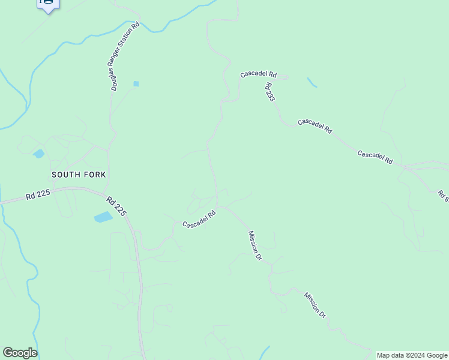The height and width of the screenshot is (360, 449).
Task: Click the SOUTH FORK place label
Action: pos(79,175)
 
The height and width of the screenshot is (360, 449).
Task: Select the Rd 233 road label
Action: pos(270,92)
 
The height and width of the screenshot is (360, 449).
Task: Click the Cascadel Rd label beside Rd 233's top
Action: pos(258,74)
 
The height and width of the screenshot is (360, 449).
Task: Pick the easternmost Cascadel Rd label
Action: pos(375,157)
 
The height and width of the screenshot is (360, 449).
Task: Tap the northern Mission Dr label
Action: pos(255,245)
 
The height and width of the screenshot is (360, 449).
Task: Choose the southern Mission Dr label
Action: pos(315,305)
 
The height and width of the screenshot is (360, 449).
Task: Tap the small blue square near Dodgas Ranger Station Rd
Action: pos(136,84)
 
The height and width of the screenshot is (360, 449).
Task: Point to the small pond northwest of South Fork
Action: pos(39,154)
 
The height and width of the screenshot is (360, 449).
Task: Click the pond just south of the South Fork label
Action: pos(103,217)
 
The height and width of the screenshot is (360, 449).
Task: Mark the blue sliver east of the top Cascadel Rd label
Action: pos(312,82)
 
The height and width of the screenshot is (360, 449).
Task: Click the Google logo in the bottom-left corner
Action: pos(20,353)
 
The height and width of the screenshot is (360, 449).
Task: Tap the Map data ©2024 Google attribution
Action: pos(412,355)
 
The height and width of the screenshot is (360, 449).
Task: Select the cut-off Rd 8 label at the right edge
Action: pos(443,196)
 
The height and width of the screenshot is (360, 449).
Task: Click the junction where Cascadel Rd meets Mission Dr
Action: pos(220,206)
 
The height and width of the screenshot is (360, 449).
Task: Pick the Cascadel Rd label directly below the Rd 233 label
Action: pos(315,125)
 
